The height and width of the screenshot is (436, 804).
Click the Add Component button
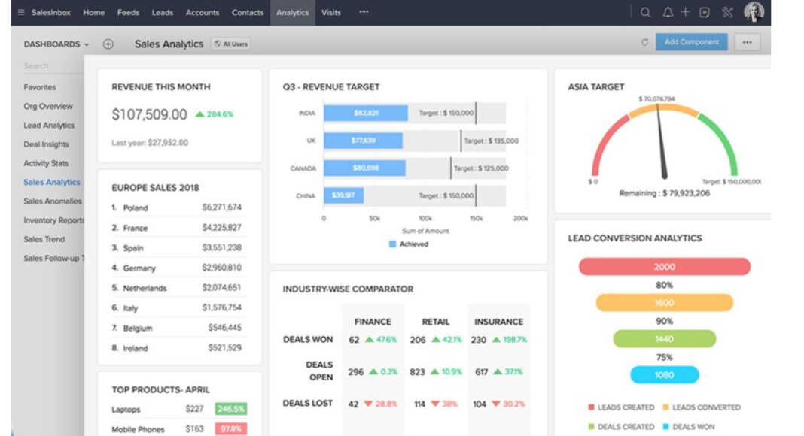tap(691, 43)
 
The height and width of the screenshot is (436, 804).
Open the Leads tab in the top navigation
tap(162, 13)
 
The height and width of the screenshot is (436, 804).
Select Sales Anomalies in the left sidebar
tap(52, 201)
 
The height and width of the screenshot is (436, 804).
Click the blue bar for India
tap(365, 114)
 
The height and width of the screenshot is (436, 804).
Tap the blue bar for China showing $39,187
tap(343, 196)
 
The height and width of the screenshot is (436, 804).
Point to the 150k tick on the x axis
tap(477, 219)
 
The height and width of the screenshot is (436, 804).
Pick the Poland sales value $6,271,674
tap(221, 207)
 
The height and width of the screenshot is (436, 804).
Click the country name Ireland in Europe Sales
tap(136, 349)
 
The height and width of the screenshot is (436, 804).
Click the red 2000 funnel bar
tap(664, 267)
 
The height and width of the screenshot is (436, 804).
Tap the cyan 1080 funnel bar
tap(664, 374)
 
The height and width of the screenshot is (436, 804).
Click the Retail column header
tap(435, 322)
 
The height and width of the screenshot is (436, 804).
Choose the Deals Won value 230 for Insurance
tap(478, 340)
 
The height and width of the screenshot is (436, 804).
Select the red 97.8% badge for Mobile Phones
tap(231, 429)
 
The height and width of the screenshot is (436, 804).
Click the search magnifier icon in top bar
tap(645, 12)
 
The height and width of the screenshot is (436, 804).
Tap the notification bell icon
tap(666, 12)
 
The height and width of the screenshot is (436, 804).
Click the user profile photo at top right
tap(754, 12)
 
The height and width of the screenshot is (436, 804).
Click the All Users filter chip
tap(230, 44)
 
